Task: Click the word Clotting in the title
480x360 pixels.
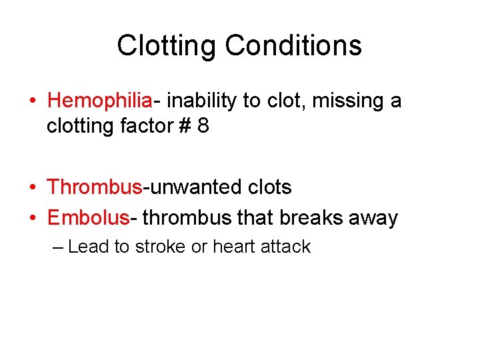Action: tap(167, 46)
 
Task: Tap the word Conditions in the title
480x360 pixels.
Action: tap(293, 46)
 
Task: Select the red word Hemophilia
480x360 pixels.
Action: tap(100, 101)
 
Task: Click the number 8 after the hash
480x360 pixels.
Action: tap(203, 126)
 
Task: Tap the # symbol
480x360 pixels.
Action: tap(184, 126)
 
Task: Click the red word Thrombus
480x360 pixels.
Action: tap(95, 187)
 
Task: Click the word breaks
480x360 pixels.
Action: tap(313, 218)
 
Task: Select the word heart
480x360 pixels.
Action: tap(233, 247)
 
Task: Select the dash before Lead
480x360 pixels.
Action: tap(58, 247)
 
